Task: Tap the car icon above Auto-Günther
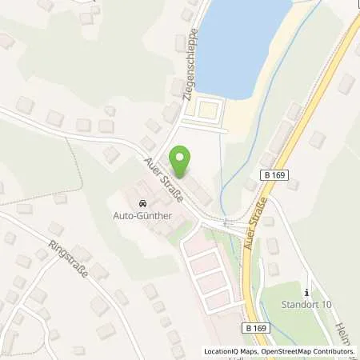143,203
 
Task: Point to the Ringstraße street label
66,257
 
